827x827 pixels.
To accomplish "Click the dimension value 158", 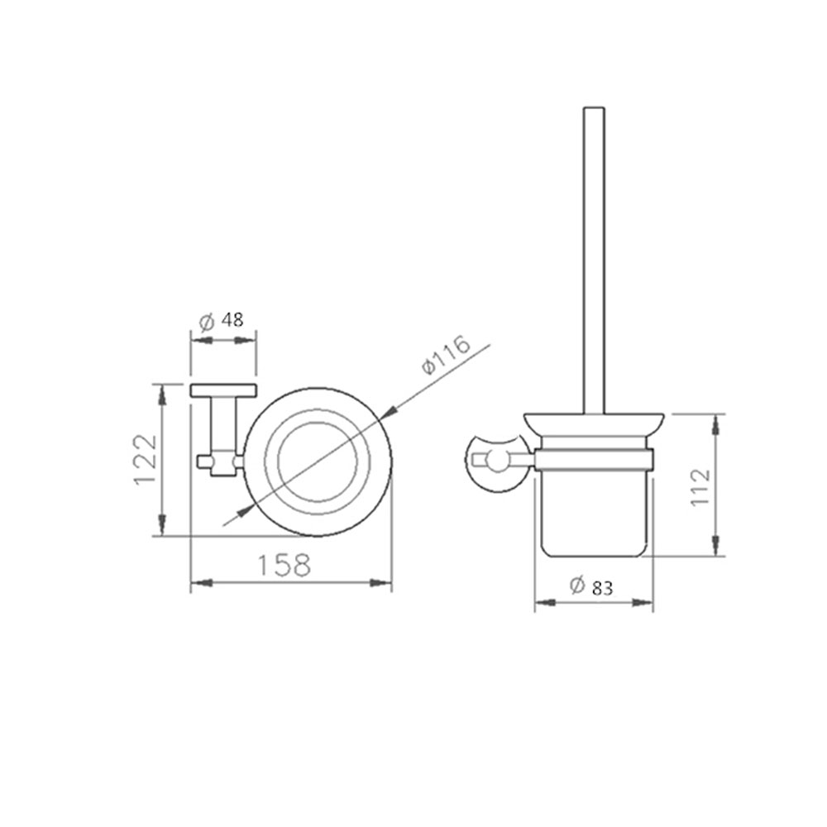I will pos(283,566).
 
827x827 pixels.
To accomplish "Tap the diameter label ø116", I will pos(446,356).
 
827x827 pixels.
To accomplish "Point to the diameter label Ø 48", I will pos(222,320).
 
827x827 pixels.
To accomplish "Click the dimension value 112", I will pos(700,487).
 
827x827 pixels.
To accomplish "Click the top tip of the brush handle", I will pos(594,108).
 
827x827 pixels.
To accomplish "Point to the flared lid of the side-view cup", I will pos(594,424).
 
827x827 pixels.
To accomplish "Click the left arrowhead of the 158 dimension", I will pos(197,584).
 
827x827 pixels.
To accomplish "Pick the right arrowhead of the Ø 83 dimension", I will pos(647,602).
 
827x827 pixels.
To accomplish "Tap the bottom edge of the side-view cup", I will pos(594,556).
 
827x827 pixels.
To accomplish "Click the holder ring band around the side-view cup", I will pos(594,460).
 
